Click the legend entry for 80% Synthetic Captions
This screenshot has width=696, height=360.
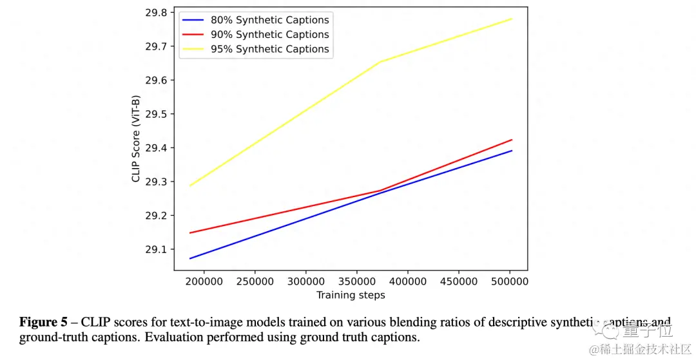(x=269, y=20)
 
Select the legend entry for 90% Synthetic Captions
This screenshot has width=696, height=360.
(x=269, y=34)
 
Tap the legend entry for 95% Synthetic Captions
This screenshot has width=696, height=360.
(x=269, y=49)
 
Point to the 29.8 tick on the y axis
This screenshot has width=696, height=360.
(x=155, y=13)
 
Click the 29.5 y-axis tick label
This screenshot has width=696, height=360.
(x=155, y=114)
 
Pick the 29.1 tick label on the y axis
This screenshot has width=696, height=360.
(x=155, y=249)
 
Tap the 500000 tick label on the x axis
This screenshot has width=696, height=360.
(x=509, y=281)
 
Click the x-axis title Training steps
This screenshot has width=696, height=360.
(x=351, y=295)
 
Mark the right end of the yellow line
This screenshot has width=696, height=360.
(x=512, y=19)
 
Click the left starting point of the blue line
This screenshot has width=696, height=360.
(x=189, y=258)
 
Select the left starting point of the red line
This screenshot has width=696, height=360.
(x=189, y=232)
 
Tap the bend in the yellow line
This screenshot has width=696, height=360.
(x=381, y=62)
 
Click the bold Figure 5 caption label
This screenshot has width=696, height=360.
(x=43, y=322)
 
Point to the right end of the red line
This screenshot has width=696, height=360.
(x=512, y=140)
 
